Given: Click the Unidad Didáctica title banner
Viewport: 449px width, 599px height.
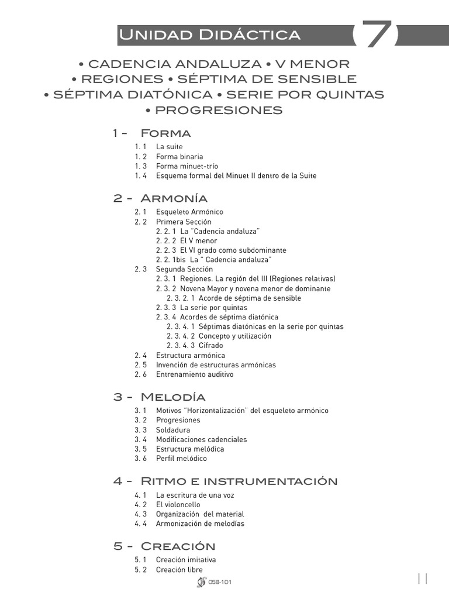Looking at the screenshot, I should click(x=209, y=35).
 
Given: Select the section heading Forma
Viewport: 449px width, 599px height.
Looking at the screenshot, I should click(x=165, y=133).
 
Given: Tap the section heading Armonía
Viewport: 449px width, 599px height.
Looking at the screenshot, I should click(x=174, y=198).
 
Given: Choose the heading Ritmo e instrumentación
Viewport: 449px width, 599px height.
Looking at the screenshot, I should click(x=239, y=481).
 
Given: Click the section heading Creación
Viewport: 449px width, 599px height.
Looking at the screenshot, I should click(x=178, y=546).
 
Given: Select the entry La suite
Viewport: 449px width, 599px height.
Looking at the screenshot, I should click(x=169, y=147).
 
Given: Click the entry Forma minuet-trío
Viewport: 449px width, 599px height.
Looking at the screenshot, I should click(x=186, y=166).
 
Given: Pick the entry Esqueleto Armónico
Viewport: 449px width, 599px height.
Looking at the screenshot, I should click(x=189, y=212).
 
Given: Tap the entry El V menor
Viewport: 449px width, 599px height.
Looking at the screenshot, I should click(x=198, y=240).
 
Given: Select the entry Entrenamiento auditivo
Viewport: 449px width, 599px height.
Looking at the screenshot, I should click(x=194, y=374).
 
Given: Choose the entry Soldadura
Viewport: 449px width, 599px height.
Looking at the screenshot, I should click(x=172, y=430).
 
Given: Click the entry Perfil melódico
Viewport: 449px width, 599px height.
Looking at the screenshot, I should click(x=181, y=459).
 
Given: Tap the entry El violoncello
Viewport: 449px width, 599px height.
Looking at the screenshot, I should click(x=178, y=504).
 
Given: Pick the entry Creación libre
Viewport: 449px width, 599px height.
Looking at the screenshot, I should click(x=179, y=569).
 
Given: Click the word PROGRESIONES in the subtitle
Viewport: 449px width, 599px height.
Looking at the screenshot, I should click(x=219, y=111).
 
